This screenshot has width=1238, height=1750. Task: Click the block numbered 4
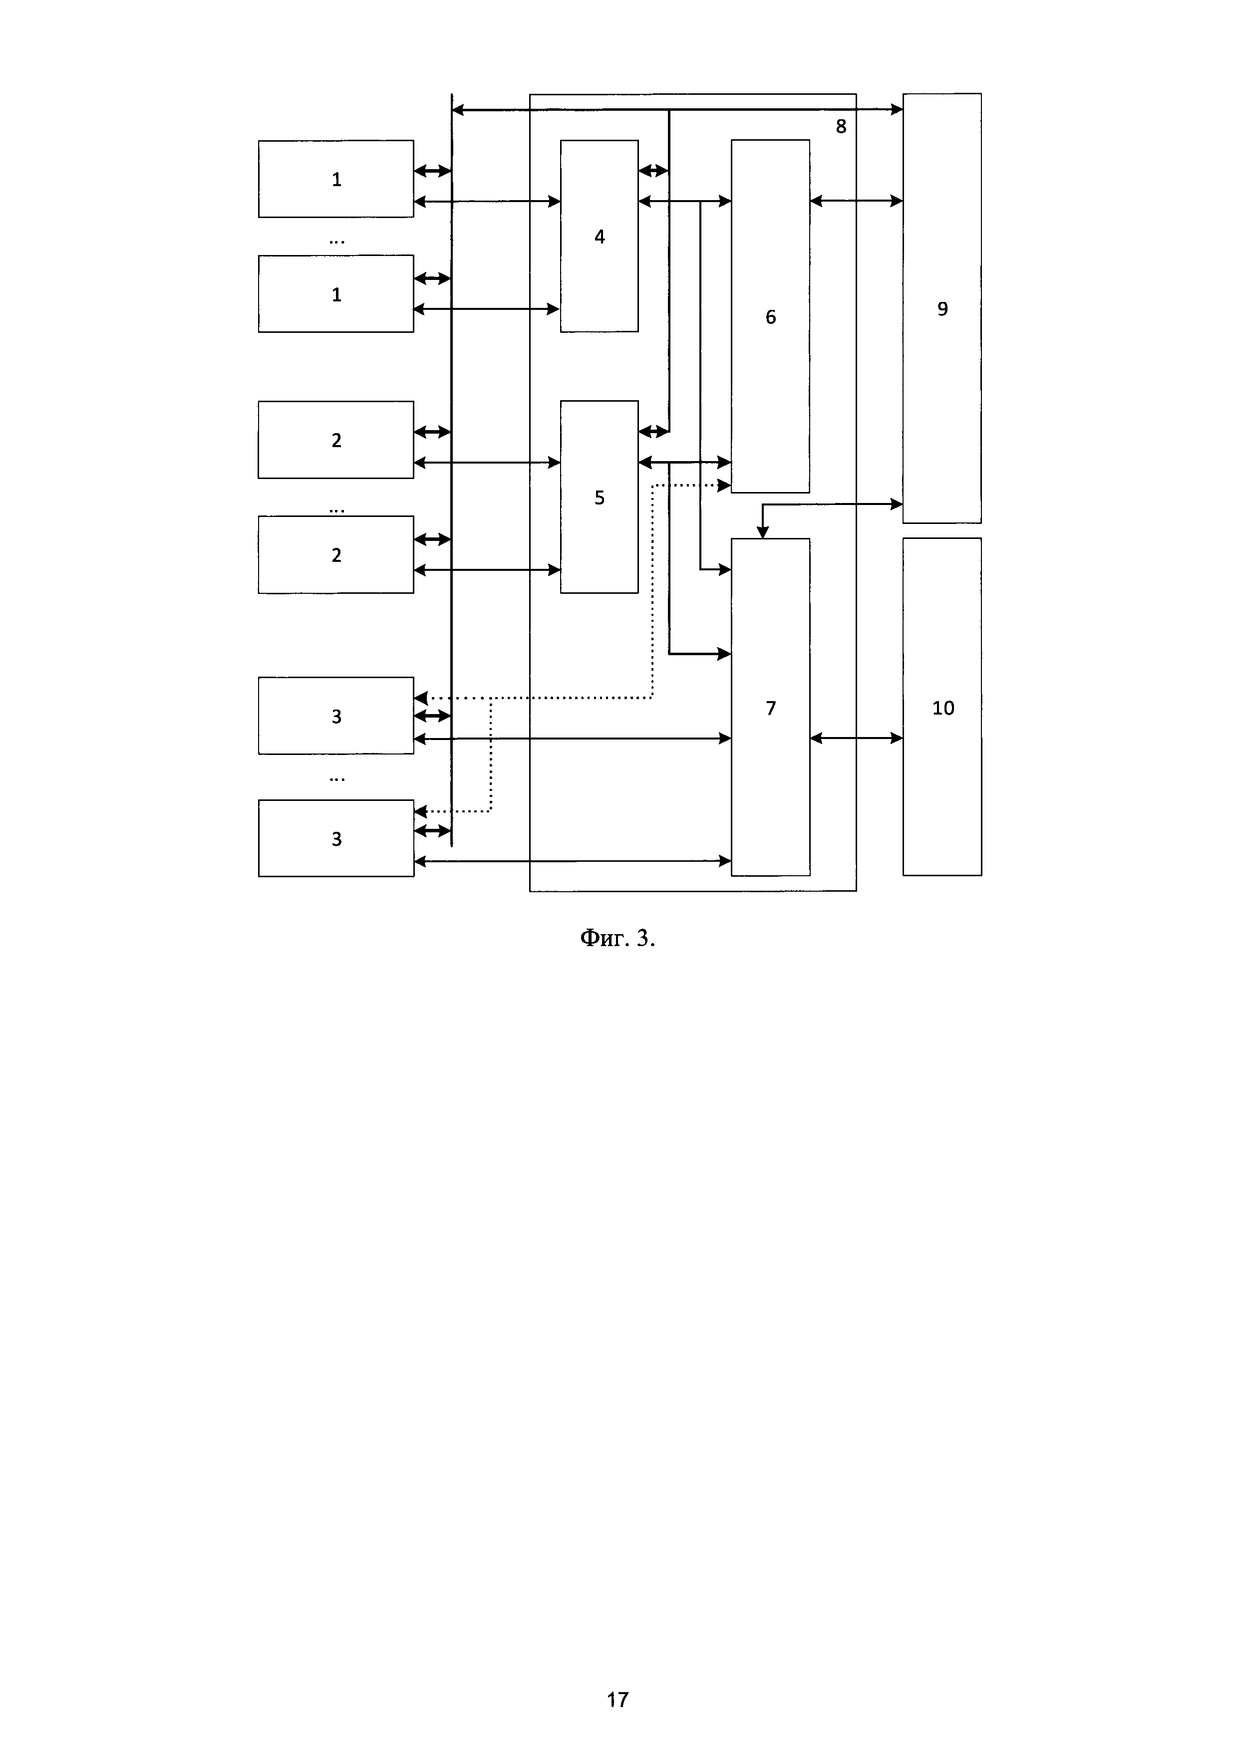(599, 237)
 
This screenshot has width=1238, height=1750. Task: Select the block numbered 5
(599, 497)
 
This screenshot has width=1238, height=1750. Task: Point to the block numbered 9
(942, 308)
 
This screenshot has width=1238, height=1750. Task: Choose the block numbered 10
(942, 707)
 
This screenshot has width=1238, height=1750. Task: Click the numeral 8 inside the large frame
(841, 127)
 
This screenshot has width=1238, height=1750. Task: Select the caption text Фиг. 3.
(618, 938)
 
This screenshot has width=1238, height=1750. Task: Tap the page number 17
(618, 1699)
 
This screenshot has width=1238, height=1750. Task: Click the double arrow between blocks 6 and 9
(856, 201)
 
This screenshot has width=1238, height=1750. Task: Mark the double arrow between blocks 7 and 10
(856, 738)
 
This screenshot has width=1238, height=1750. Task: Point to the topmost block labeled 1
(336, 179)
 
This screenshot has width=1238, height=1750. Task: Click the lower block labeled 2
(336, 555)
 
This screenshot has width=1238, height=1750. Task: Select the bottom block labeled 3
(336, 838)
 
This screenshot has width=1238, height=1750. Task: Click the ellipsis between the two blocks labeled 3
(336, 779)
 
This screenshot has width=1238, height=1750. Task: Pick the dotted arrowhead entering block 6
(725, 485)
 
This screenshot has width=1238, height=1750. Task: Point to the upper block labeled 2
(336, 440)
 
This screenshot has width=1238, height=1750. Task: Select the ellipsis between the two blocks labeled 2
(336, 510)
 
